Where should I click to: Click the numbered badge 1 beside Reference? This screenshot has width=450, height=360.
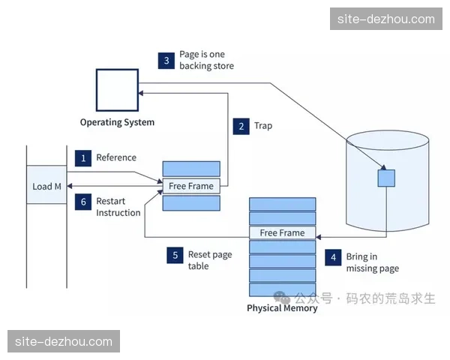pos(83,158)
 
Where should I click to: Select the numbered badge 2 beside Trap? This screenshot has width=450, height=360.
pos(241,126)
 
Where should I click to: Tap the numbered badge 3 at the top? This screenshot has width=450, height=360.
pos(166,61)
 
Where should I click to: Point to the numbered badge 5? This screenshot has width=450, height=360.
pos(175,255)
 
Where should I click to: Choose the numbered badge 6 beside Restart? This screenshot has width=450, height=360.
pos(83,202)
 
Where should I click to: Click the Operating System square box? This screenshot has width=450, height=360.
pos(117,90)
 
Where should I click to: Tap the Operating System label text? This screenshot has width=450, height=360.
pos(117,122)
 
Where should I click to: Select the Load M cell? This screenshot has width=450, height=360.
pos(46,186)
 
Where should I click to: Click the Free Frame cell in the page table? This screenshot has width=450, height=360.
pos(191,186)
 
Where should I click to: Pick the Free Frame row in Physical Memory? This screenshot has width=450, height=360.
pos(282,232)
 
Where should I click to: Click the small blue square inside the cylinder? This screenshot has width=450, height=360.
pos(385,178)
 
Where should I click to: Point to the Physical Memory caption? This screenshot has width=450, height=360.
pos(282,308)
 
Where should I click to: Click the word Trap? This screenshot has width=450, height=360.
pos(263,126)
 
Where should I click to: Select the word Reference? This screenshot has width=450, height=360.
pos(116,157)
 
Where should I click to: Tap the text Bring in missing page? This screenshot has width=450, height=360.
pos(372,262)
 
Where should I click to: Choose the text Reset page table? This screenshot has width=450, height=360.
pos(210,260)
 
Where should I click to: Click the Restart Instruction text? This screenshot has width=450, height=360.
pos(118,207)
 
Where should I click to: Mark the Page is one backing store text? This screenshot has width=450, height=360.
pos(206,60)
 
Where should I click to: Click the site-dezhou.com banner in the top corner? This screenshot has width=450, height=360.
pos(386,19)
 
